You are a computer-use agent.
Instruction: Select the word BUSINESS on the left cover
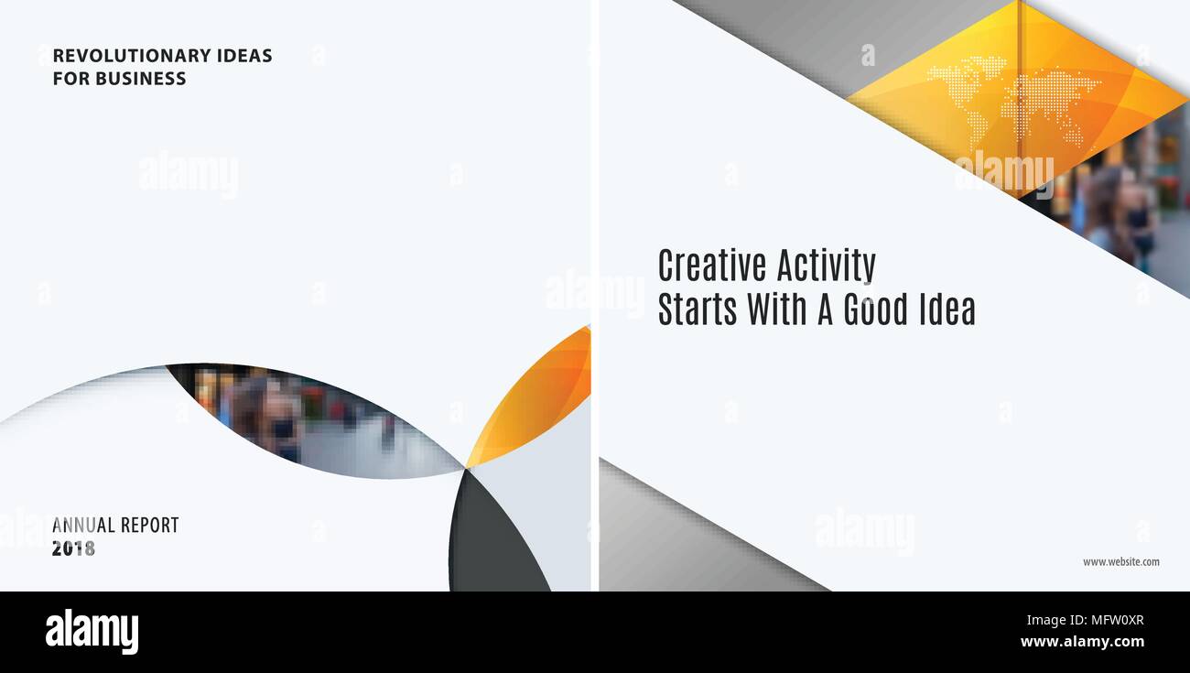point(141,79)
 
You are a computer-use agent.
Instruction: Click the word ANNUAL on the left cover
point(83,526)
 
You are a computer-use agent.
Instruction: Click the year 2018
point(73,548)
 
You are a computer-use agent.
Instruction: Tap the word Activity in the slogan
point(826,266)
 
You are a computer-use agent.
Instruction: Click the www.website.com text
point(1121,562)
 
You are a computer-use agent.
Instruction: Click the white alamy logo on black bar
point(92,632)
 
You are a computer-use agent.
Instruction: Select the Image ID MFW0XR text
point(1086,620)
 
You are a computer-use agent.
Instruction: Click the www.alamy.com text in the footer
point(1083,642)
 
